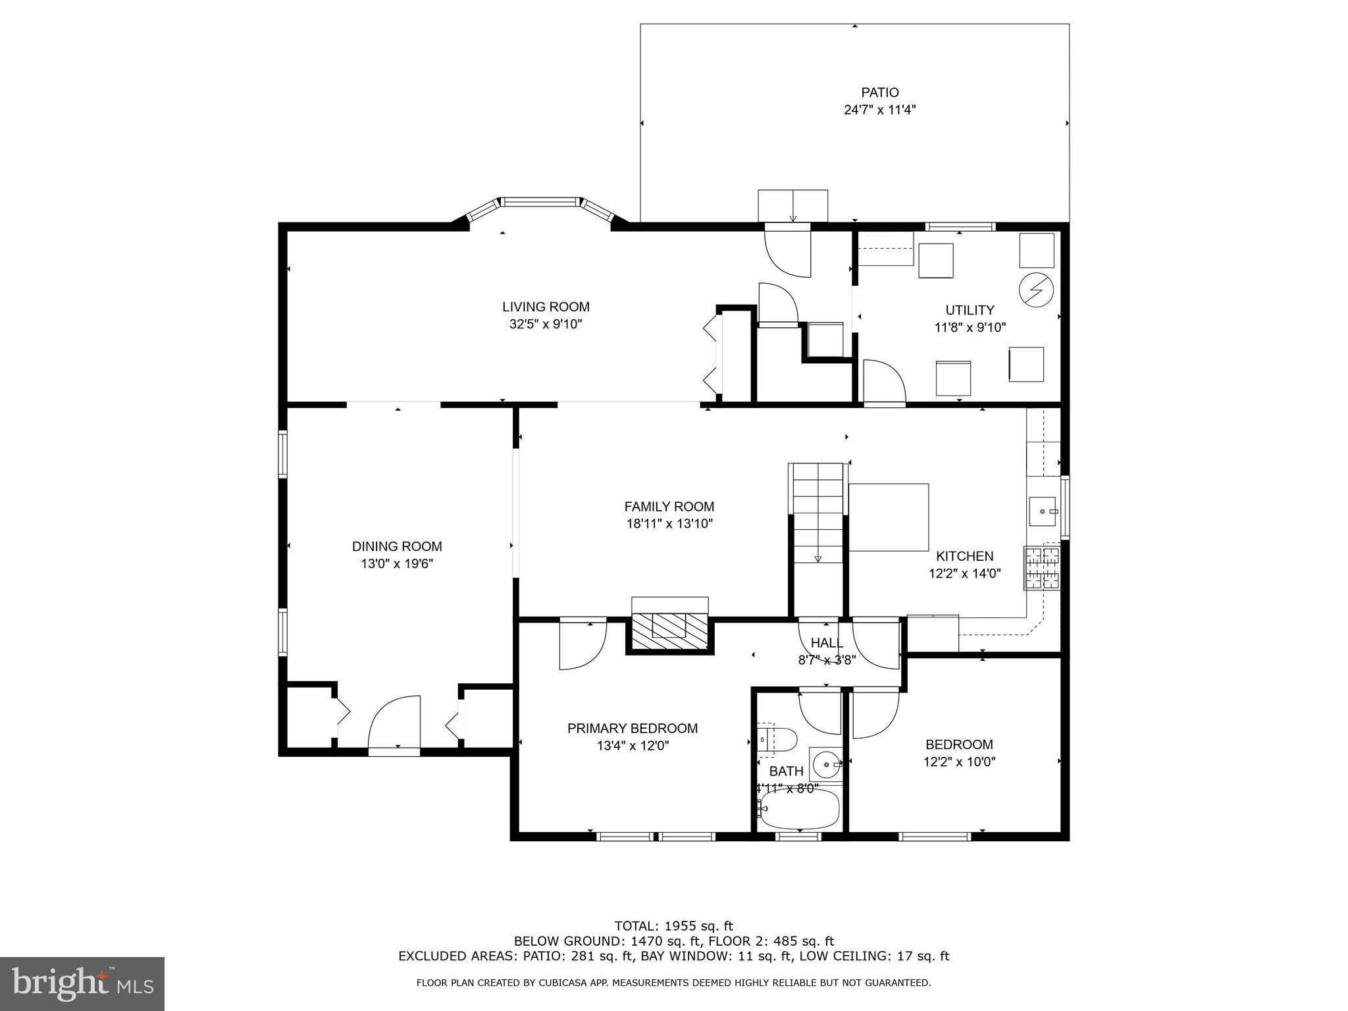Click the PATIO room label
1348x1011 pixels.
pos(879,93)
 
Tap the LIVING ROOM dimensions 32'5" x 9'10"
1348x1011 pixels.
pos(546,324)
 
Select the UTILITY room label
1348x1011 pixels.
pos(970,310)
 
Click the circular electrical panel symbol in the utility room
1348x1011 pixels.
pos(1035,289)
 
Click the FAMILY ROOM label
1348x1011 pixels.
pos(669,507)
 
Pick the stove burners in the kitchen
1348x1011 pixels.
pos(1042,567)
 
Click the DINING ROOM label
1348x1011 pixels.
pos(397,546)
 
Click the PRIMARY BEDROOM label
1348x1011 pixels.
pos(632,729)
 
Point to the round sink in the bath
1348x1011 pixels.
pos(825,765)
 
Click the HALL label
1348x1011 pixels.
pos(827,643)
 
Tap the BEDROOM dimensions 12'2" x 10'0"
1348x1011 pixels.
pos(958,762)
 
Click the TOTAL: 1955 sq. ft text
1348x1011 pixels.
pos(673,926)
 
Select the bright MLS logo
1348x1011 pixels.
pos(82,984)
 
